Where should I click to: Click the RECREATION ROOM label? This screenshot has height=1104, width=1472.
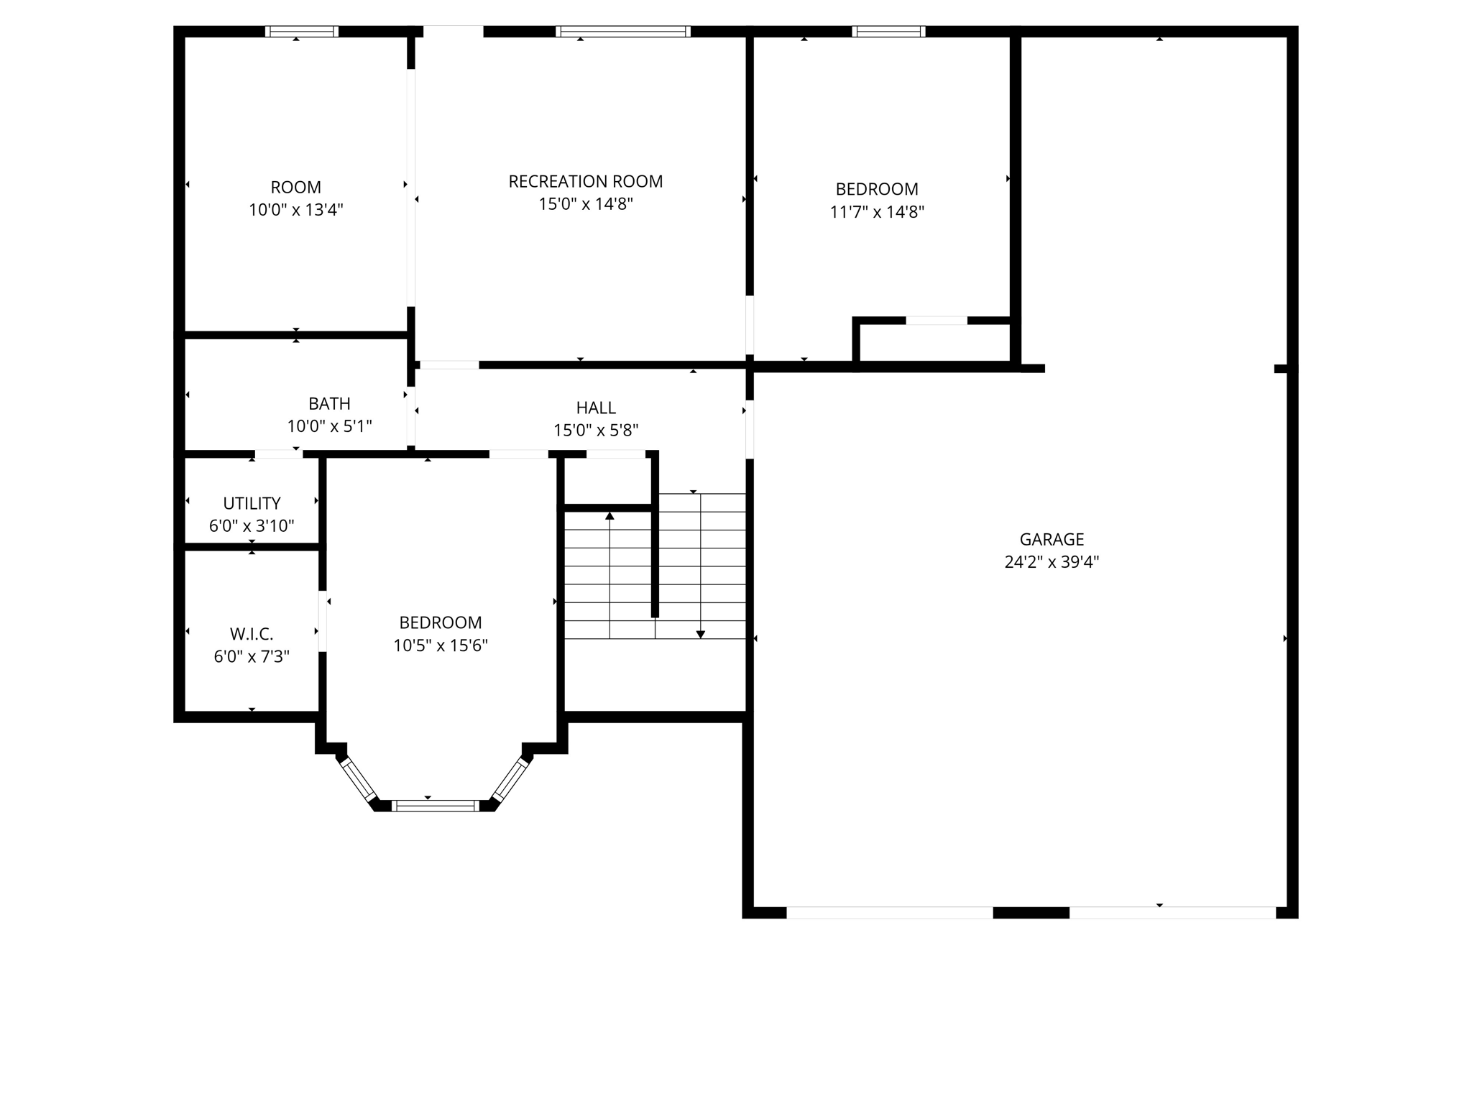[585, 182]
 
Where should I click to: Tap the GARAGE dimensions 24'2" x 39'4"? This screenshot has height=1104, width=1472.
[1052, 562]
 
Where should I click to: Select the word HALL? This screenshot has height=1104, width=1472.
[596, 408]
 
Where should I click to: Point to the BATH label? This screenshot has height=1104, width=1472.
[329, 404]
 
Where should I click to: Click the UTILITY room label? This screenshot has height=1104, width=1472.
[252, 503]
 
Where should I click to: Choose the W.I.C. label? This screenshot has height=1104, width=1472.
[252, 634]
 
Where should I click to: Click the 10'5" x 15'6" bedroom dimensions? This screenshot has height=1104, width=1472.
[440, 645]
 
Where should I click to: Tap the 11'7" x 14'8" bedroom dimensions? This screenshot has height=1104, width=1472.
[877, 212]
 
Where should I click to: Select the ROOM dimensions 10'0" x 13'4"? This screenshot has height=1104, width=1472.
[296, 210]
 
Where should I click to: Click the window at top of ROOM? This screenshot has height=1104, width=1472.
[302, 32]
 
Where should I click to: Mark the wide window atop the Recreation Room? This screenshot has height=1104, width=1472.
[623, 32]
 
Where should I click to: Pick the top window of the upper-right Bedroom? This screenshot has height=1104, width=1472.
[888, 32]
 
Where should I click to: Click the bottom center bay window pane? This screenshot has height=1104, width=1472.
[436, 806]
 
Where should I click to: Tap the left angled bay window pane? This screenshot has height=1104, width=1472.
[358, 779]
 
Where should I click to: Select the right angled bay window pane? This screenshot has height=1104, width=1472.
[510, 779]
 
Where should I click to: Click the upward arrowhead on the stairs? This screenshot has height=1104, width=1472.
[609, 515]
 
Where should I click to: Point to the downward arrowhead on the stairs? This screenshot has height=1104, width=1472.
[700, 634]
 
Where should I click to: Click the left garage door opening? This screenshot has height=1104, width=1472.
[889, 913]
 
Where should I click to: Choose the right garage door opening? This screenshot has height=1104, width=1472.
[1172, 913]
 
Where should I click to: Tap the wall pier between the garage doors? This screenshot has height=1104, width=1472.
[1031, 913]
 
